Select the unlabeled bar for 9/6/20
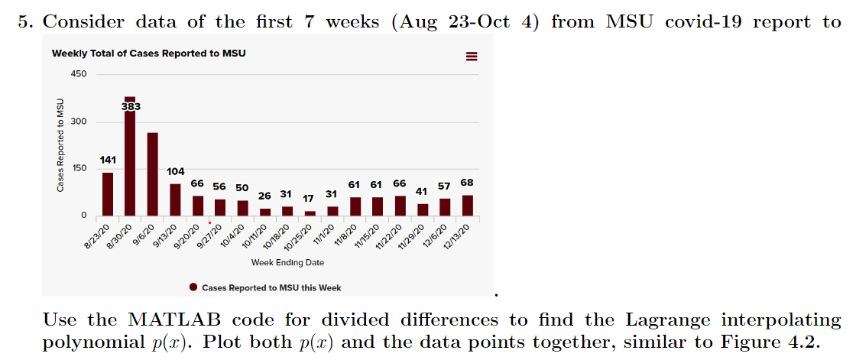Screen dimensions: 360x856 pyautogui.click(x=152, y=174)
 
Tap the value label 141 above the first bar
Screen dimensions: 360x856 pyautogui.click(x=108, y=161)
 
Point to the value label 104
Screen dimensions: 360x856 pyautogui.click(x=175, y=171)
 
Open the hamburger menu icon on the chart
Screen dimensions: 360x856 pyautogui.click(x=472, y=57)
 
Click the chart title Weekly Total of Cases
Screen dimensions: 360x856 pyautogui.click(x=148, y=54)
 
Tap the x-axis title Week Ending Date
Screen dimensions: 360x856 pyautogui.click(x=287, y=263)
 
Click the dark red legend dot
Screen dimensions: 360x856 pyautogui.click(x=194, y=287)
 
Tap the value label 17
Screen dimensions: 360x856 pyautogui.click(x=309, y=198)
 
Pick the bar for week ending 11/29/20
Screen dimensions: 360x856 pyautogui.click(x=423, y=209)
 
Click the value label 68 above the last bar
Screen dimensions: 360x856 pyautogui.click(x=466, y=183)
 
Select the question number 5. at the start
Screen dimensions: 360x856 pyautogui.click(x=27, y=21)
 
